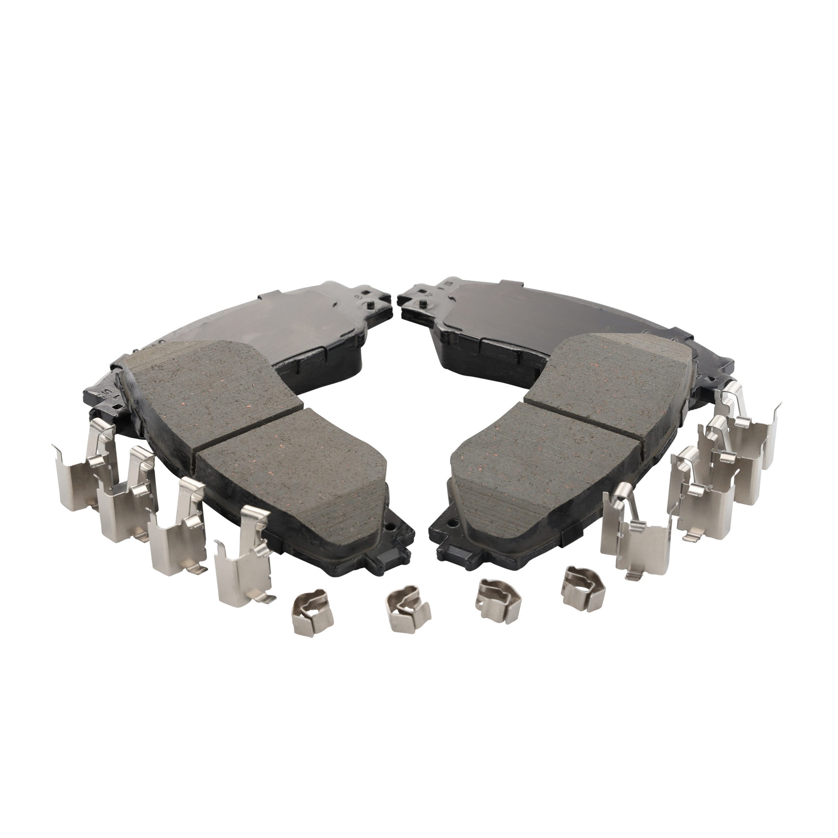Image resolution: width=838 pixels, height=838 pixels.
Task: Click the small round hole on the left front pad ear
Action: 393,530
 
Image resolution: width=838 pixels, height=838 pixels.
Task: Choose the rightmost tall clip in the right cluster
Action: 757,429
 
